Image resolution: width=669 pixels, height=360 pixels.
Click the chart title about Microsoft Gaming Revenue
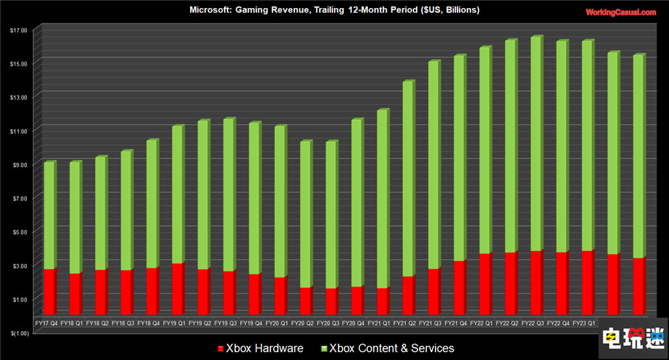(334, 10)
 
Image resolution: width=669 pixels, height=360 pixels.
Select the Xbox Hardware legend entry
(260, 348)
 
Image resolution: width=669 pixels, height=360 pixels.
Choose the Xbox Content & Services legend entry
(388, 348)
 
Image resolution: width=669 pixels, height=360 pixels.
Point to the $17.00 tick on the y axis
(18, 30)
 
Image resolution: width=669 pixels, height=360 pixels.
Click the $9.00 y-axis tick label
(19, 165)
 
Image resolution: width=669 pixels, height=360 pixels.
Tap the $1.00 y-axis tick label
(19, 299)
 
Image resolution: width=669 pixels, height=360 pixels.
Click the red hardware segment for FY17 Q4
(49, 292)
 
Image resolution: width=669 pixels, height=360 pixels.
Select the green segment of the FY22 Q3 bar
(535, 144)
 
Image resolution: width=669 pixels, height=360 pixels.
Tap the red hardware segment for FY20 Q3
(330, 302)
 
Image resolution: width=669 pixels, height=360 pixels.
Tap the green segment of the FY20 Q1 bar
(280, 201)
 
